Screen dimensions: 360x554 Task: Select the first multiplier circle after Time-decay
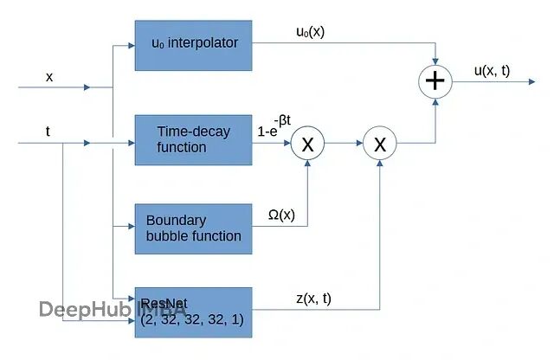(307, 144)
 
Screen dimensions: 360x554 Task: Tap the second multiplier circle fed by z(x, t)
(378, 144)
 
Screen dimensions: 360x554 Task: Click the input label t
(48, 132)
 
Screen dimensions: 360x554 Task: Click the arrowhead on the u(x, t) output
(531, 82)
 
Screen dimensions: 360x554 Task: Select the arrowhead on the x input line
(87, 87)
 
